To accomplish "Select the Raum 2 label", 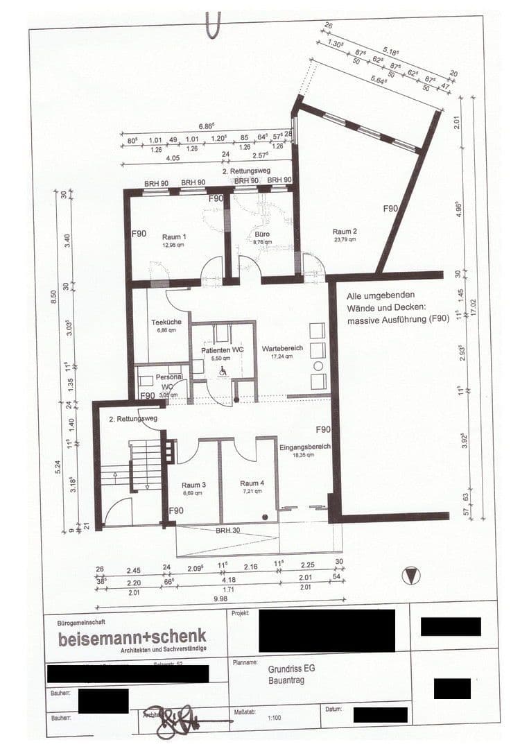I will [x=344, y=232].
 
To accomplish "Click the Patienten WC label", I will [x=223, y=350].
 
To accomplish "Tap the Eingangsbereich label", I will [x=304, y=447].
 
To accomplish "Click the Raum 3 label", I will [x=193, y=484].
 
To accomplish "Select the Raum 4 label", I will [x=252, y=483].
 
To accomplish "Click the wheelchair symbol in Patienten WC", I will [x=223, y=372].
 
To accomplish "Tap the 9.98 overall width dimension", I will [x=220, y=598].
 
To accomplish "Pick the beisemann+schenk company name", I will [x=132, y=637].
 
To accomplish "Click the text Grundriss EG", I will [x=291, y=670].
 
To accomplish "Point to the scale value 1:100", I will [x=274, y=719].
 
